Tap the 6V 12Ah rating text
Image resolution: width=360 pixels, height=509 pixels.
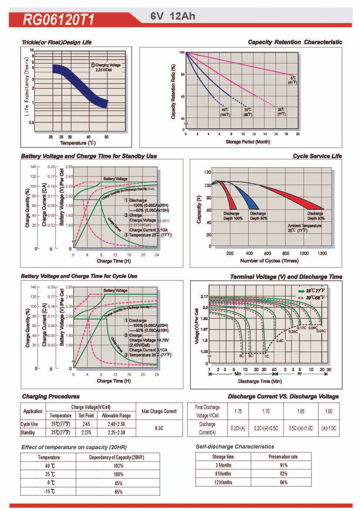pyautogui.click(x=173, y=17)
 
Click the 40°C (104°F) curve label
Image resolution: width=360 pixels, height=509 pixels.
pyautogui.click(x=225, y=112)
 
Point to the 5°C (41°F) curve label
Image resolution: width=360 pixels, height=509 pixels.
pyautogui.click(x=294, y=80)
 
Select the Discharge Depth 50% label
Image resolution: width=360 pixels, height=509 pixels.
pyautogui.click(x=258, y=216)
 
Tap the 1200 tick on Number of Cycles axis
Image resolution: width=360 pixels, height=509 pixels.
pyautogui.click(x=322, y=253)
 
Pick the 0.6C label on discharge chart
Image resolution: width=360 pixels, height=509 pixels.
pyautogui.click(x=280, y=340)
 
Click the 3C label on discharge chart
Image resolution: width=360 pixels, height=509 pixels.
pyautogui.click(x=241, y=356)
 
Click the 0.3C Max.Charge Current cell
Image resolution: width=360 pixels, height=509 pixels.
pyautogui.click(x=159, y=428)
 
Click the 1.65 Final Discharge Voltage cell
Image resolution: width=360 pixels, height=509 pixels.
pyautogui.click(x=301, y=411)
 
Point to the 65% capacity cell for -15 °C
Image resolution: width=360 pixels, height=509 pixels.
pyautogui.click(x=118, y=492)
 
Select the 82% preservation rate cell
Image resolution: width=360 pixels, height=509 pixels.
pyautogui.click(x=283, y=474)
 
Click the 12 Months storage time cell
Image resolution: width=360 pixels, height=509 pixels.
pyautogui.click(x=223, y=482)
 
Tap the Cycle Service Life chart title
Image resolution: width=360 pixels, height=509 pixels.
pyautogui.click(x=317, y=156)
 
